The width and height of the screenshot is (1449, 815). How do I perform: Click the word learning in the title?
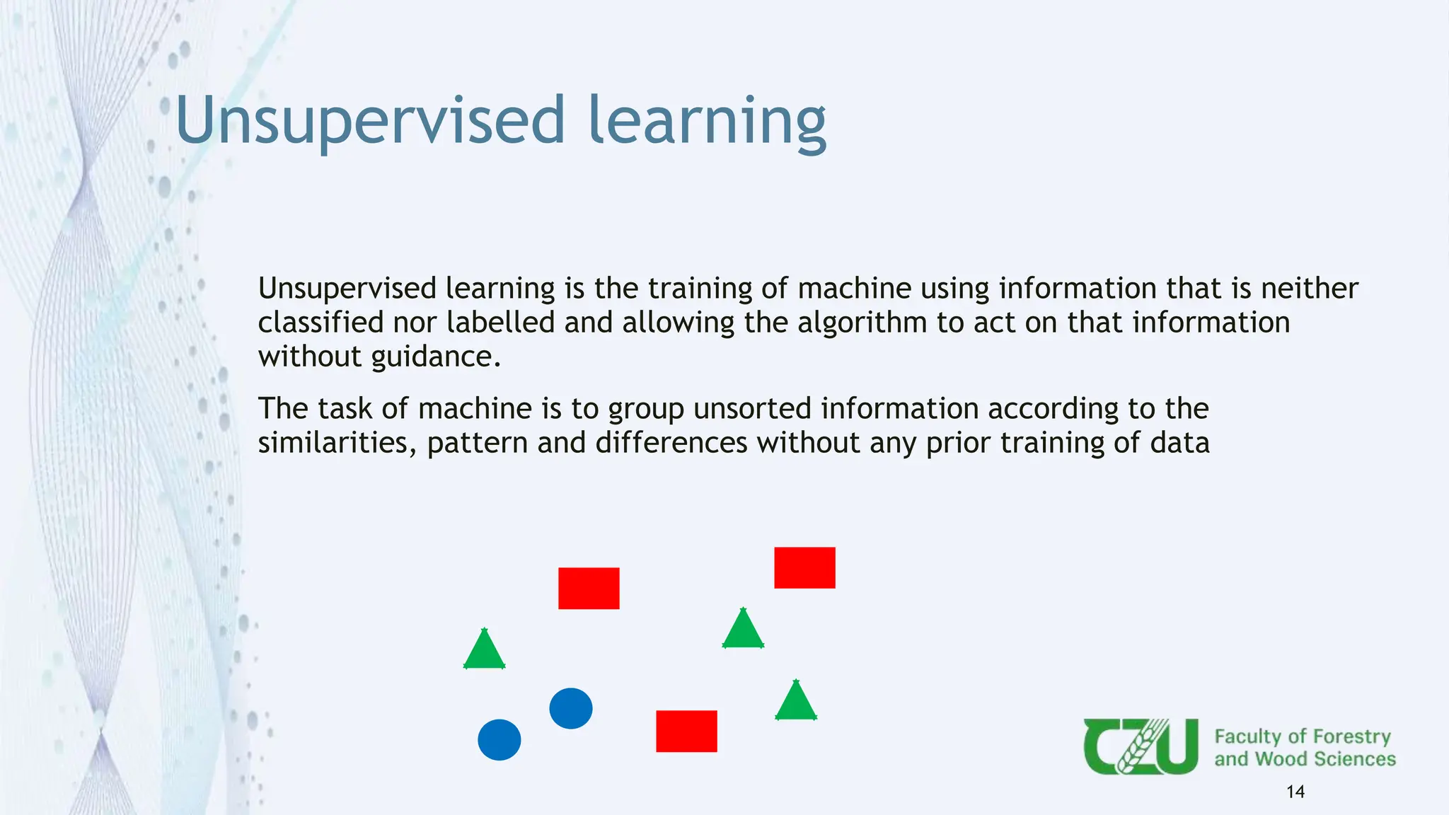coord(707,122)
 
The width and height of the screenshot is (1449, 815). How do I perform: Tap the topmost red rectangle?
coord(804,567)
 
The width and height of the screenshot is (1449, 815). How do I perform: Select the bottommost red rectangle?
coord(686,731)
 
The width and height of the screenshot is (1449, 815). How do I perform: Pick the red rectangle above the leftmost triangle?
coord(589,588)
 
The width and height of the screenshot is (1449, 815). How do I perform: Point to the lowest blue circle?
coord(499,740)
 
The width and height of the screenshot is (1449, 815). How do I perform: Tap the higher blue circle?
coord(570,708)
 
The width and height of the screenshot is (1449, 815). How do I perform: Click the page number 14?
coord(1295,792)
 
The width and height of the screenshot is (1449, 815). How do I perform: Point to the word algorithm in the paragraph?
coord(862,323)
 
